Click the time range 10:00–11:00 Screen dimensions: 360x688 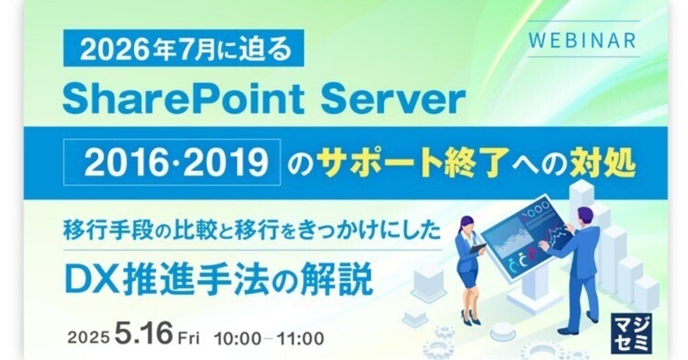coord(269,339)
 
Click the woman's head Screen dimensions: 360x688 coord(465,223)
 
